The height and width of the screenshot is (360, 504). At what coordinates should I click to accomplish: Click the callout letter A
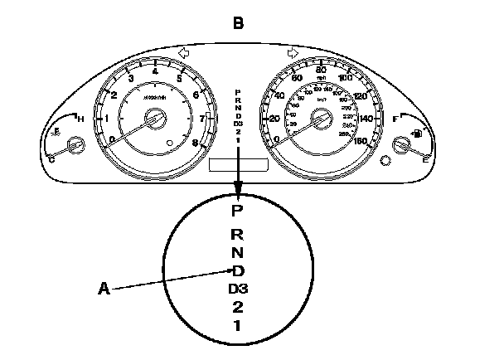click(104, 289)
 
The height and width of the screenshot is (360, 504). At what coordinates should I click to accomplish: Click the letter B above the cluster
click(238, 23)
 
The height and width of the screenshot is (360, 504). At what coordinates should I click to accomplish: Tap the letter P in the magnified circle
click(238, 211)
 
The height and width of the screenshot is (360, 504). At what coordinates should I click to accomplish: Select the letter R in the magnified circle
click(238, 234)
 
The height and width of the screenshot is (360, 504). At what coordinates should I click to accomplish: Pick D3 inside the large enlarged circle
click(238, 289)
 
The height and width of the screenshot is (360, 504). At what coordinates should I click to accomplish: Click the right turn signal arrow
click(292, 54)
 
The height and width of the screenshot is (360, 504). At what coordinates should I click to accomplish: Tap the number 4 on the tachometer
click(156, 72)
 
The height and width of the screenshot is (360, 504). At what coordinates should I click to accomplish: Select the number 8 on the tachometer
click(196, 143)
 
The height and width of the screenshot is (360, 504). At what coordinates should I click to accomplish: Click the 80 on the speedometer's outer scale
click(320, 70)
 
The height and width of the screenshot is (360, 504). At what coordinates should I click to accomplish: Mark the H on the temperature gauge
click(80, 120)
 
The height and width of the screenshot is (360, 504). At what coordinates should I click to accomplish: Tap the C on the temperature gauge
click(51, 159)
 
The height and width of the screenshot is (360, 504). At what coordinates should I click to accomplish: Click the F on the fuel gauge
click(395, 120)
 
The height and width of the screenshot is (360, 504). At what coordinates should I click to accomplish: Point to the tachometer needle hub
click(154, 121)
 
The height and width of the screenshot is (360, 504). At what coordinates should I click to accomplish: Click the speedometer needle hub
click(319, 121)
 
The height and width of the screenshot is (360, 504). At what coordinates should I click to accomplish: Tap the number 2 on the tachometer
click(114, 95)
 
